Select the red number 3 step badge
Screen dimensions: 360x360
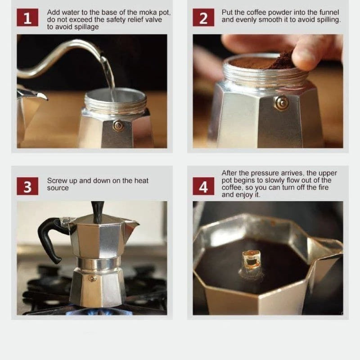point(27,186)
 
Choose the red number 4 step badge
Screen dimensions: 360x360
point(203,186)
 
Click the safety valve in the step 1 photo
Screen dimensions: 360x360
point(118,126)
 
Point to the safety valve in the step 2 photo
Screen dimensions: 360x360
point(282,103)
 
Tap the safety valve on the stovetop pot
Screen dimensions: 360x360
point(92,278)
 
